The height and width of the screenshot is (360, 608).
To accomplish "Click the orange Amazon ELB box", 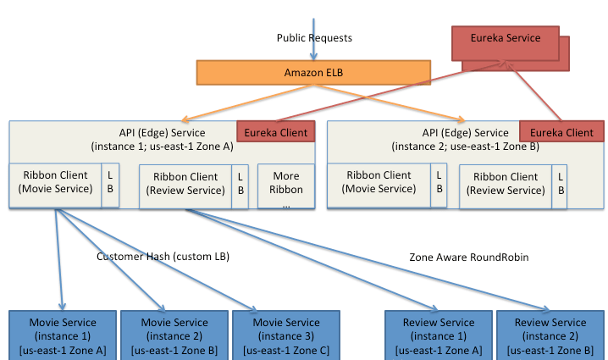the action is point(313,73).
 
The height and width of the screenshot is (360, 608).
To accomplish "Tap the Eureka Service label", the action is point(506,38).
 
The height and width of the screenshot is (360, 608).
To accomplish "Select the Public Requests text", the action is point(314,38).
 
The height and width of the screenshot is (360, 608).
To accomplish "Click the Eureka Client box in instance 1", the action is point(276,131).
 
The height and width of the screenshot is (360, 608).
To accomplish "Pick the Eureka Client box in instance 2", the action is point(561,131).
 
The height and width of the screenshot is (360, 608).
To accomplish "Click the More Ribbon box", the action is point(286,186).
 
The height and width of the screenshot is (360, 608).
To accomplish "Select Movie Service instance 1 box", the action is point(63,335).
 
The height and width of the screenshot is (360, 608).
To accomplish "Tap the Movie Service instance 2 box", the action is point(174,335).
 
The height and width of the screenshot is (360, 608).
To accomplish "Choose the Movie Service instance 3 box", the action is point(286,335).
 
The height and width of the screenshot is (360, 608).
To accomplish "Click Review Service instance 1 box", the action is point(439,335).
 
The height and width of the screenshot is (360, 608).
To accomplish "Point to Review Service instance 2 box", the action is point(550,335).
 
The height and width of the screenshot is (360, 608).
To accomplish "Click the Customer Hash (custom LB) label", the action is point(163,257).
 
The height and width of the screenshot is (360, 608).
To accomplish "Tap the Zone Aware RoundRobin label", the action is point(469,258).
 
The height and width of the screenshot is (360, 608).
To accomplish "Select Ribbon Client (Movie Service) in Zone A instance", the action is point(55,186).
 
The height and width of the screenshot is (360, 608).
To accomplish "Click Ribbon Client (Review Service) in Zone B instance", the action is point(506,187).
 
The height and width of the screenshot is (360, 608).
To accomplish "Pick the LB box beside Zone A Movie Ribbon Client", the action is point(110,186).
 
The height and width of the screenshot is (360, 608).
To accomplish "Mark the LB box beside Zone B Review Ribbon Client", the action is point(560,187).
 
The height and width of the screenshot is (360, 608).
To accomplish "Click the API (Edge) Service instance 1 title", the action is point(162,140).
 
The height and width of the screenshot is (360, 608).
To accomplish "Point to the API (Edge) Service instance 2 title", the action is point(465,140).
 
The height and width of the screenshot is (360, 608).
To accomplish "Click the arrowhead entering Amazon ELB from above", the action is point(313,57).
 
